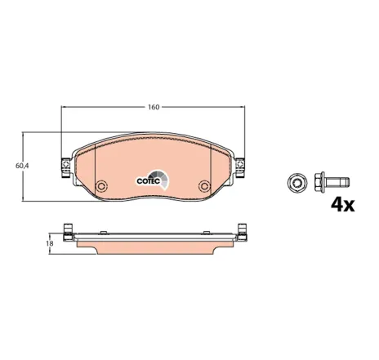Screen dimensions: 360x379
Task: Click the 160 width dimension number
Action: point(153,106)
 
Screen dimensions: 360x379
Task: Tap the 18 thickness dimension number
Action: point(50,242)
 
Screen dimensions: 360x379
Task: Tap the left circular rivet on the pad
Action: point(101,185)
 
